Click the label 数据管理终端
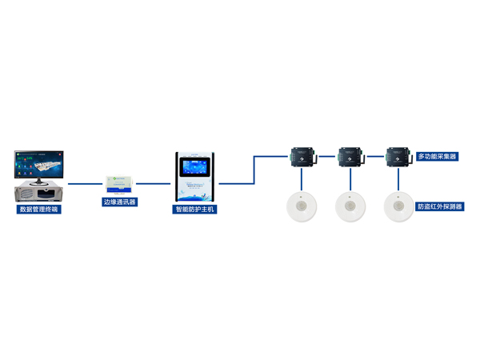click(x=39, y=210)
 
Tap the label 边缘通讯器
click(x=120, y=202)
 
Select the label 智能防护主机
click(x=196, y=210)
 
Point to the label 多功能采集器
click(x=438, y=158)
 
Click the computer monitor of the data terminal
click(x=39, y=165)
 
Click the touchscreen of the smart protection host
click(x=196, y=169)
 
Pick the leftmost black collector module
click(x=302, y=156)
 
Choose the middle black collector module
click(x=350, y=156)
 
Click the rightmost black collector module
click(x=398, y=156)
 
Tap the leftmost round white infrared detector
click(x=302, y=206)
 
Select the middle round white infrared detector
click(x=350, y=206)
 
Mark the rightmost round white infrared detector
click(x=398, y=206)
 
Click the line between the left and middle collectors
click(x=326, y=157)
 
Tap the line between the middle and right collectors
click(x=374, y=157)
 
